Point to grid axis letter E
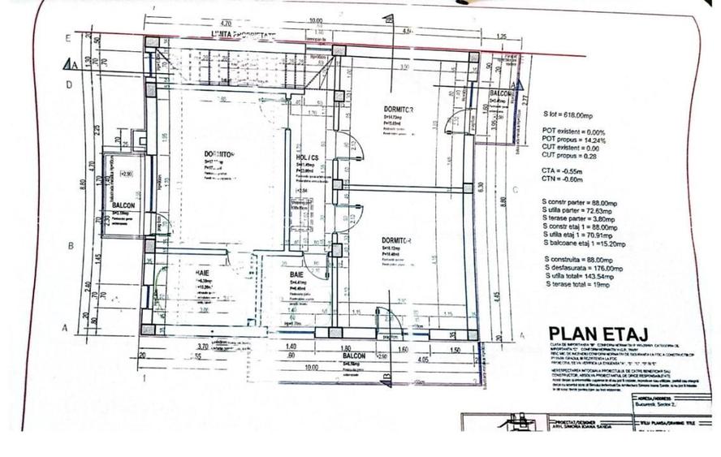(68, 38)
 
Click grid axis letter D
(69, 84)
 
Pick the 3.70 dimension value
(202, 347)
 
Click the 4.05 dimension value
(422, 357)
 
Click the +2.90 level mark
(126, 174)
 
